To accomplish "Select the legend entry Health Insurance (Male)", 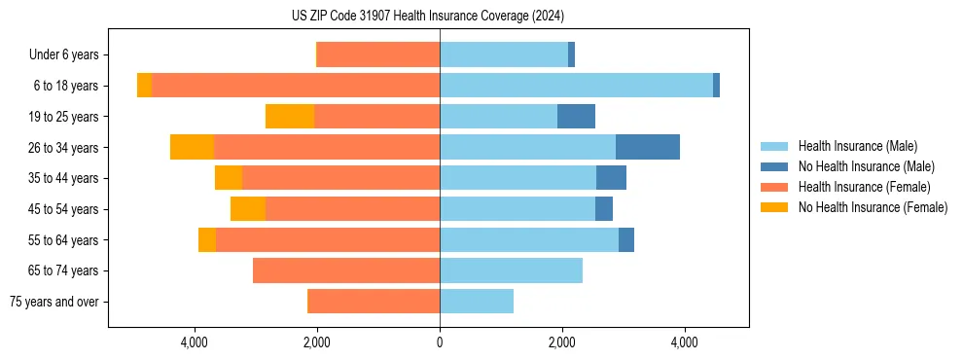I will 857,146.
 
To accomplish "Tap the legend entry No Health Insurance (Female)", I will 873,207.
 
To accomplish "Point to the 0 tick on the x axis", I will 440,342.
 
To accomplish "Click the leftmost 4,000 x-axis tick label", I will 195,342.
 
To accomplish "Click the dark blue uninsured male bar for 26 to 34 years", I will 647,147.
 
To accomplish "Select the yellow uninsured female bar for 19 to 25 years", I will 290,117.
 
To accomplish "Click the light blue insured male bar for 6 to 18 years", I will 576,86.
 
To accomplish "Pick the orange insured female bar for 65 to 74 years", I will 346,270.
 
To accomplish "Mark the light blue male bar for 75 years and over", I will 477,302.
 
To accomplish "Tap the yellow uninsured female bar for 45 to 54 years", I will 248,209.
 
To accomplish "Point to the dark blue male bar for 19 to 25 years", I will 576,117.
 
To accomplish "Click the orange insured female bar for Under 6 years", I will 378,54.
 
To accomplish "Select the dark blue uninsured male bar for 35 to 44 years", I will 611,178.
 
